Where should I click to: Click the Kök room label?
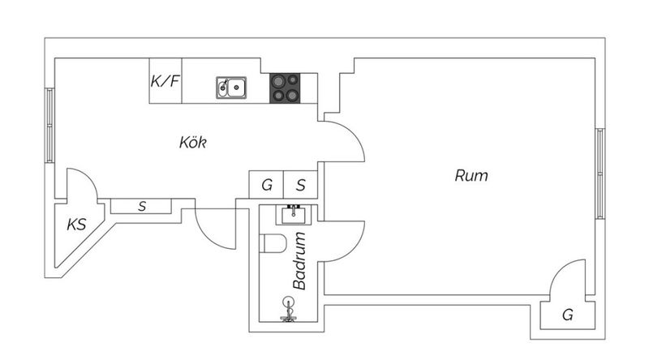click(193, 144)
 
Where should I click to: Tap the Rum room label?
click(471, 174)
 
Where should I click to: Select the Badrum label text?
click(299, 261)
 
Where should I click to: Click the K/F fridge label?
click(165, 81)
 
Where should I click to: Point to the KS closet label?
click(76, 225)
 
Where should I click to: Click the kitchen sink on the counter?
click(232, 87)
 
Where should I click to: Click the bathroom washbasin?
click(292, 214)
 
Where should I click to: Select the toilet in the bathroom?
click(272, 243)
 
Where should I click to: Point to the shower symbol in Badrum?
click(286, 309)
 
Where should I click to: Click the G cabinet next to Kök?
click(266, 185)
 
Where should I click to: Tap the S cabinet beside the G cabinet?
click(300, 185)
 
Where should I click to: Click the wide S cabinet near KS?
click(142, 207)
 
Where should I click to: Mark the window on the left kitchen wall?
click(49, 126)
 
